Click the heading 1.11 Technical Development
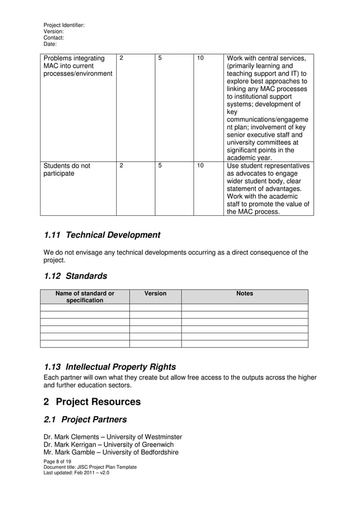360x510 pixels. click(102, 235)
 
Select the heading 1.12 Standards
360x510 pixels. click(75, 276)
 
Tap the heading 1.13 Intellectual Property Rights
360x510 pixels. click(109, 367)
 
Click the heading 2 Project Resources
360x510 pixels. click(92, 402)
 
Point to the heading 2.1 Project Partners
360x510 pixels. click(85, 420)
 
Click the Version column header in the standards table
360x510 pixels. click(155, 294)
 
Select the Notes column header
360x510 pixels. click(244, 294)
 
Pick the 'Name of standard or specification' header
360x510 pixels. click(85, 297)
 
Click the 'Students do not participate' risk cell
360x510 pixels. click(67, 170)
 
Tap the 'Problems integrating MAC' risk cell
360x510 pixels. click(78, 67)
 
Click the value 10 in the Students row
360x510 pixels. click(200, 166)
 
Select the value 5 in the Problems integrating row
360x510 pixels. click(160, 58)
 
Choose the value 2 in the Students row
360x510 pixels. click(121, 166)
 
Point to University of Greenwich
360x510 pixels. click(142, 444)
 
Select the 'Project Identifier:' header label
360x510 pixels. click(64, 25)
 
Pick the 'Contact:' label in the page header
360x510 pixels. click(54, 38)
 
